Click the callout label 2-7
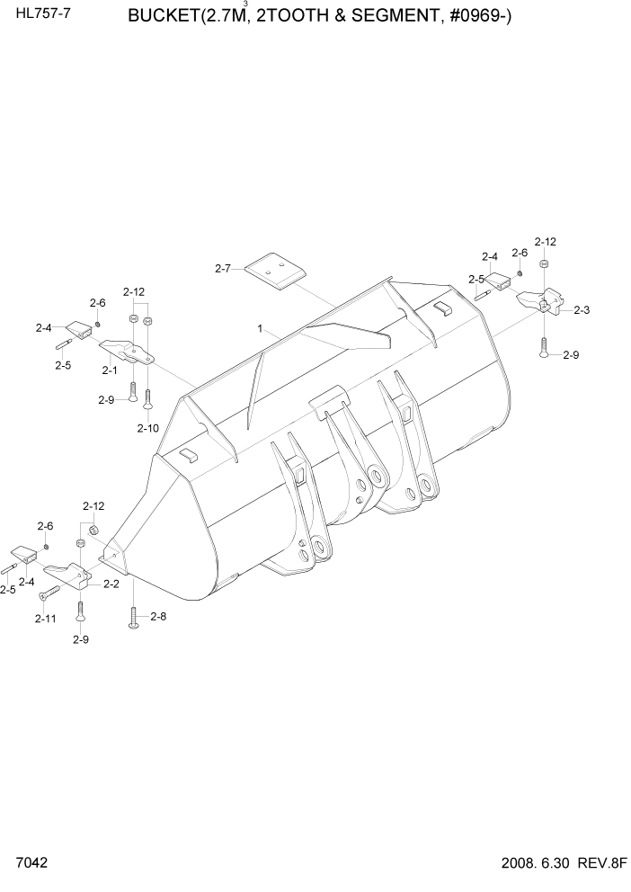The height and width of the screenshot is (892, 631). (x=223, y=268)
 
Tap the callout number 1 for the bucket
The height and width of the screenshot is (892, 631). (x=260, y=330)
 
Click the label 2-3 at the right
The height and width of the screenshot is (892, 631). (x=581, y=310)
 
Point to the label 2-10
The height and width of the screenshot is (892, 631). (x=148, y=428)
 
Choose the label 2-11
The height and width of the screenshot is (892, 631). (x=45, y=619)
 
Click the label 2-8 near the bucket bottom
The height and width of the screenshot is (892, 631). (x=158, y=617)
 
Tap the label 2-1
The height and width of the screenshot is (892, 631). (x=110, y=370)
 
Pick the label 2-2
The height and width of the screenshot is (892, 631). (x=111, y=584)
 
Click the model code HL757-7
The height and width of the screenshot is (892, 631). (x=37, y=16)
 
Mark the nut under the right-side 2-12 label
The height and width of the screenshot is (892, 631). (x=545, y=263)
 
